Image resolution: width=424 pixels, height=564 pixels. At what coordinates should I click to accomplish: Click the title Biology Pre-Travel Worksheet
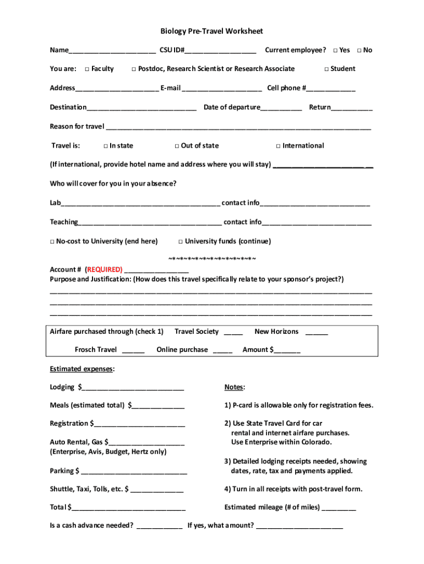[x=211, y=31]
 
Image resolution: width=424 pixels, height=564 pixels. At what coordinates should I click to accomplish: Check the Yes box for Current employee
[x=335, y=51]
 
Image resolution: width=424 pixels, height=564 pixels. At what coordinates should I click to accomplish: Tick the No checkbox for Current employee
[x=359, y=51]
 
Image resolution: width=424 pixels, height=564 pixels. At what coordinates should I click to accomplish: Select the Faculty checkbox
[x=87, y=69]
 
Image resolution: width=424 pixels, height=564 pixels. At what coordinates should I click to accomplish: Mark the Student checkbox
[x=326, y=69]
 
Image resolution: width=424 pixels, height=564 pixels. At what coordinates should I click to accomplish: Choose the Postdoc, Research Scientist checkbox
[x=134, y=69]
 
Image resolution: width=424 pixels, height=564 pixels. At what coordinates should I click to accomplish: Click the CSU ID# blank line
[x=220, y=52]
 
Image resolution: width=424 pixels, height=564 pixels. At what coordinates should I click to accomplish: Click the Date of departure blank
[x=281, y=109]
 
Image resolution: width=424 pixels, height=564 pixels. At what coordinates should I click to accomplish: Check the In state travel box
[x=105, y=146]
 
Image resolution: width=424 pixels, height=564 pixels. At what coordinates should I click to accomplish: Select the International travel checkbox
[x=278, y=146]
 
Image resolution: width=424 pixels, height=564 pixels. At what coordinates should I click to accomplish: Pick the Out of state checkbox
[x=177, y=146]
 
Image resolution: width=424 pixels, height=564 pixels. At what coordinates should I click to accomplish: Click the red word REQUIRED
[x=104, y=269]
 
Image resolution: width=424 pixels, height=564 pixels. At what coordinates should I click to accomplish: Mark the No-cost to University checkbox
[x=52, y=242]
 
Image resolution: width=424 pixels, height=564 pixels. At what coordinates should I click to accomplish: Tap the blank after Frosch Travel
[x=133, y=351]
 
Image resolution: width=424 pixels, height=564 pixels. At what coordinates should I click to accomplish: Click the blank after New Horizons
[x=316, y=333]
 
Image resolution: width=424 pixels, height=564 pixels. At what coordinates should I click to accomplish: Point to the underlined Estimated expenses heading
[x=82, y=368]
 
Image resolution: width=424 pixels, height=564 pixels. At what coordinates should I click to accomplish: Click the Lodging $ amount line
[x=133, y=389]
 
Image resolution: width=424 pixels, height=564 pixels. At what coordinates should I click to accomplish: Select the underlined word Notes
[x=235, y=387]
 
